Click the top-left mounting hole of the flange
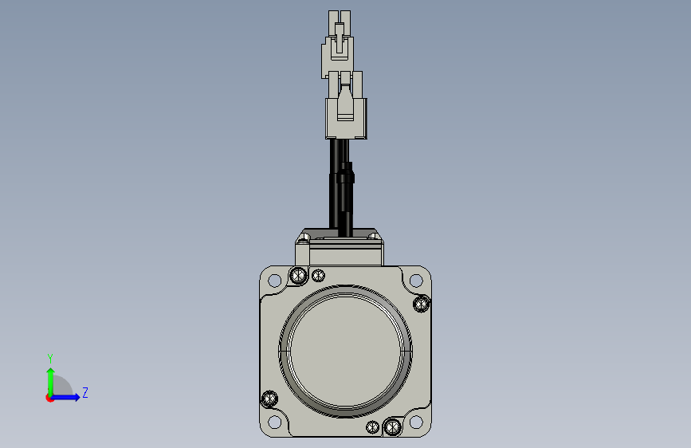click(274, 281)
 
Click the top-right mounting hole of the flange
click(416, 281)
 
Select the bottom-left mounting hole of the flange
click(274, 422)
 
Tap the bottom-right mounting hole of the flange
click(416, 422)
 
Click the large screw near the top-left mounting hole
click(298, 276)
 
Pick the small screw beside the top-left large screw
click(318, 276)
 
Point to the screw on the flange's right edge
click(422, 304)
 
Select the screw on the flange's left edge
click(269, 399)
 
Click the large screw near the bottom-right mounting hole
click(392, 426)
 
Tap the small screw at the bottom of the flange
click(372, 426)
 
